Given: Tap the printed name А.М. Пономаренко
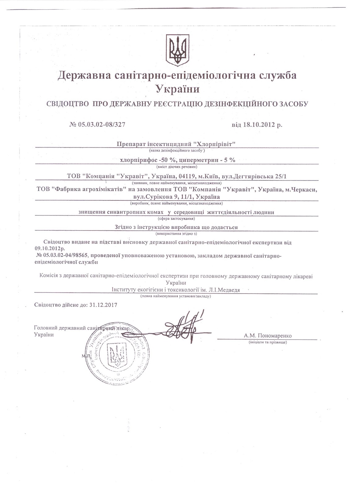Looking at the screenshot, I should coord(267,336).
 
